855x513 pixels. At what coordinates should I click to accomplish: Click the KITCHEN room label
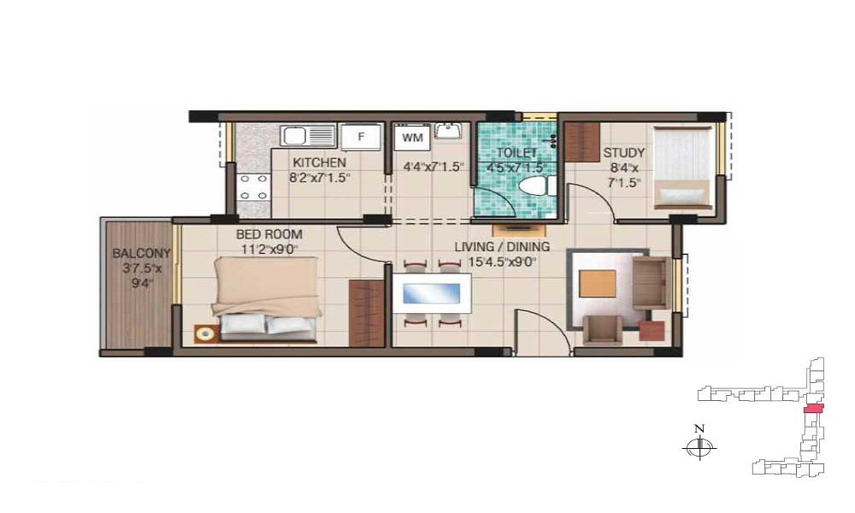tap(320, 162)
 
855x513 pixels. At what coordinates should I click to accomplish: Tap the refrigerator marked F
tap(360, 136)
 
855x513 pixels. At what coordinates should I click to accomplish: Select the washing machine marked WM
tap(412, 138)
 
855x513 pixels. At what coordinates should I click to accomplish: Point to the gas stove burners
tap(254, 187)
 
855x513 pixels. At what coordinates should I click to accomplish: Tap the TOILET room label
tap(516, 153)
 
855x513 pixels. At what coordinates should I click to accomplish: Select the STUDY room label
tap(624, 153)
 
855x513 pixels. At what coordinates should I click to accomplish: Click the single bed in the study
tap(683, 168)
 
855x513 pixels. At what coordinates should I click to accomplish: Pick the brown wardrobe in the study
tap(581, 142)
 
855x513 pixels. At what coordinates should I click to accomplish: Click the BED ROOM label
tap(268, 234)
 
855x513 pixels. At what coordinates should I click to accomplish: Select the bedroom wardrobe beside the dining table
tap(367, 314)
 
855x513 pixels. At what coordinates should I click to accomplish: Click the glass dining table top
tap(431, 294)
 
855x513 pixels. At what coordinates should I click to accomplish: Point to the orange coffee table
tap(598, 284)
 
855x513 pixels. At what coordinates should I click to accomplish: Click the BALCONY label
tap(141, 253)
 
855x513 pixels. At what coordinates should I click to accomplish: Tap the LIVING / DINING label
tap(502, 247)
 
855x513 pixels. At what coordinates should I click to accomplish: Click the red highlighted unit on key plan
tap(814, 409)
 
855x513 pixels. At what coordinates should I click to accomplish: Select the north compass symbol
tap(699, 446)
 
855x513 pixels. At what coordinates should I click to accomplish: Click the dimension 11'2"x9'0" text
tap(268, 250)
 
